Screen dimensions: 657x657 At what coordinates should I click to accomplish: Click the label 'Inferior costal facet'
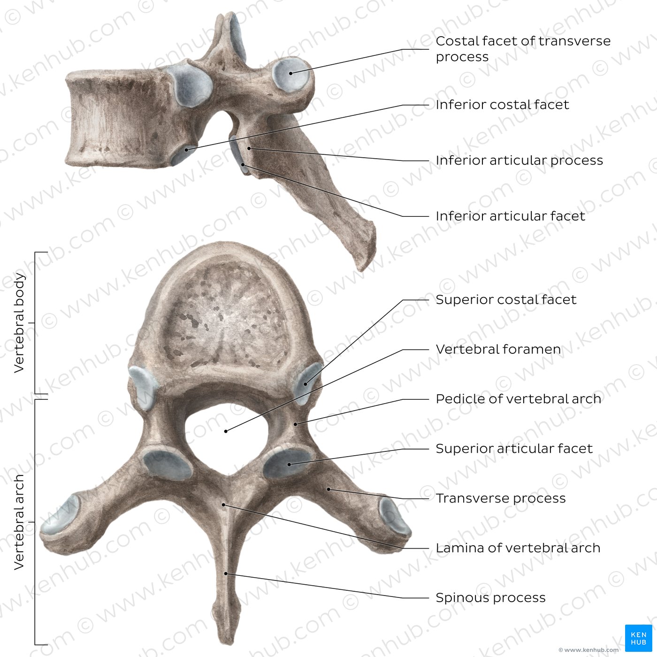[502, 105]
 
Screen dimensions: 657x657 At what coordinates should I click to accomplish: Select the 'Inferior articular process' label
[519, 160]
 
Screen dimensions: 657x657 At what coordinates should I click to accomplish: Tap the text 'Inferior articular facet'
[511, 216]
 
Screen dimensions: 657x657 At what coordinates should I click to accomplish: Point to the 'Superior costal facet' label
[506, 300]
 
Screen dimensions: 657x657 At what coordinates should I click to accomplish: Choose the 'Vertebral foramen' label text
[498, 349]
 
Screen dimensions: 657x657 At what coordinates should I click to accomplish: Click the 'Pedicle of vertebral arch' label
[518, 399]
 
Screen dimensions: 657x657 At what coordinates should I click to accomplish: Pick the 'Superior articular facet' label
[514, 449]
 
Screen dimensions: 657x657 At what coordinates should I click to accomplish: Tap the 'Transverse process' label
[501, 498]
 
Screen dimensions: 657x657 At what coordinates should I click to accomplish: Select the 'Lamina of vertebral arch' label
[518, 548]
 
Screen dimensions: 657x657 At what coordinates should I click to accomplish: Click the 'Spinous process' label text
[490, 598]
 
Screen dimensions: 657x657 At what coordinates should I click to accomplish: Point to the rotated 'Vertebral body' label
[19, 323]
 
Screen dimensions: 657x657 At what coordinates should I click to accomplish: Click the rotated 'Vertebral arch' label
[19, 522]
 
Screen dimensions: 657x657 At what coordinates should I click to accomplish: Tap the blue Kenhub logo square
[638, 638]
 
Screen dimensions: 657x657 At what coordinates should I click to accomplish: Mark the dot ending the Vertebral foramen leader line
[226, 431]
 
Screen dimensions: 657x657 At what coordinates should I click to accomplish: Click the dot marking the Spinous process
[226, 574]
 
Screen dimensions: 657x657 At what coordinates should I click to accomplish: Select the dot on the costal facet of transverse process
[290, 73]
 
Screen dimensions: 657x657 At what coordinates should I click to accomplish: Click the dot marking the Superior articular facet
[289, 465]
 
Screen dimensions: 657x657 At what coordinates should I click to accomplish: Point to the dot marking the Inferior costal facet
[186, 150]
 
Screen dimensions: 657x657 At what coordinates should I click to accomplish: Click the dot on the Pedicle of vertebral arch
[296, 424]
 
